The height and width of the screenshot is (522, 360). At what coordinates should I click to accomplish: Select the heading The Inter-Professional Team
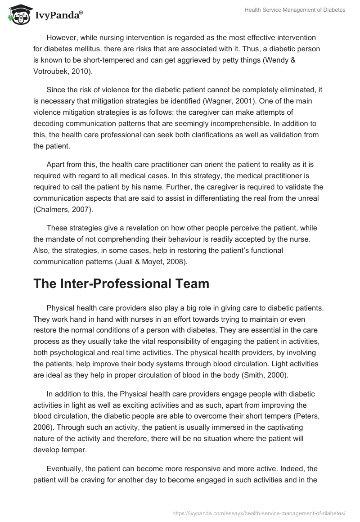pyautogui.click(x=121, y=283)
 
